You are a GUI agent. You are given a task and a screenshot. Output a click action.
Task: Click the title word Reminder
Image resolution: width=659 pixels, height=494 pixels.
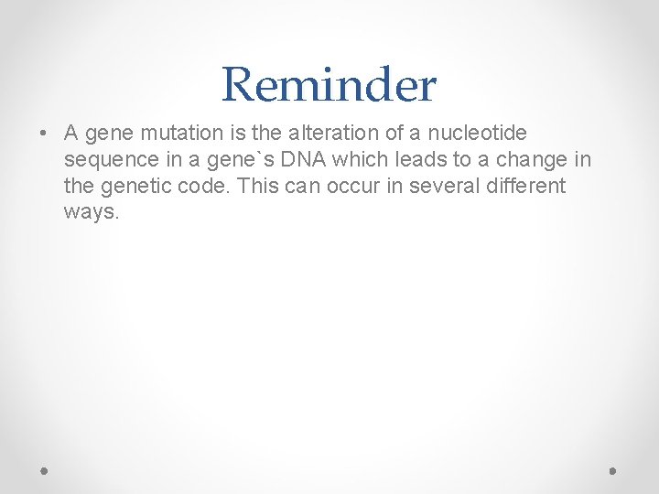coord(329,85)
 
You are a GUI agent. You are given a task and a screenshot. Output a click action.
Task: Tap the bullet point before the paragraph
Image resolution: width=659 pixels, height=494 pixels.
coord(44,134)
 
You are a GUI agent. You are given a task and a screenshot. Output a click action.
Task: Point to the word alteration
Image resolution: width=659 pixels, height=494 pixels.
coord(318,134)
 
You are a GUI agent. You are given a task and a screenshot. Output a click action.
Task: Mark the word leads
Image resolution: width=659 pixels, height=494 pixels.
coord(420,160)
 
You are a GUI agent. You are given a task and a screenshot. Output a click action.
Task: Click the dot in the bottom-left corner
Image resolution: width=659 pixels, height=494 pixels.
coord(45,470)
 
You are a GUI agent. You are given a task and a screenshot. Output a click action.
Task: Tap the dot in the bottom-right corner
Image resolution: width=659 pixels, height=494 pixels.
coord(613,470)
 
